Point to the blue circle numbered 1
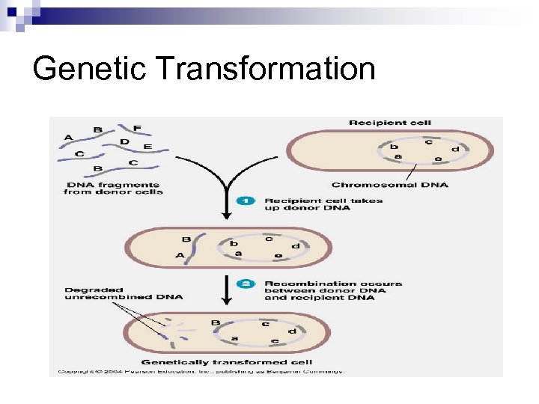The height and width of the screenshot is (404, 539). [x=245, y=201]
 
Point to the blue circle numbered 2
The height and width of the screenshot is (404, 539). [x=245, y=284]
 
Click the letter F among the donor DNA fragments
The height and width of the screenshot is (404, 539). [x=137, y=128]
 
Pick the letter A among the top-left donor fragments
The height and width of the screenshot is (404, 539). [x=69, y=137]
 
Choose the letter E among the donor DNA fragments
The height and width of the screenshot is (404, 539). [x=147, y=147]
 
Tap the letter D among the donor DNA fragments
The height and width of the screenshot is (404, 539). [x=124, y=141]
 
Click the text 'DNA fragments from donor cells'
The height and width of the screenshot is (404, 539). [x=112, y=189]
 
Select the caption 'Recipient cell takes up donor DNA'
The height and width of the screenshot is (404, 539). [x=323, y=204]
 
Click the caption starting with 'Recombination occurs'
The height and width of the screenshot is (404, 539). [x=332, y=290]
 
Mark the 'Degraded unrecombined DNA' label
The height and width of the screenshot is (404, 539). [x=123, y=293]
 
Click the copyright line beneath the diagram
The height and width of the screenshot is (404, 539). [x=198, y=371]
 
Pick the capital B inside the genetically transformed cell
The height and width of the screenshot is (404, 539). [x=216, y=323]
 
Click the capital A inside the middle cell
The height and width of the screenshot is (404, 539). [x=180, y=255]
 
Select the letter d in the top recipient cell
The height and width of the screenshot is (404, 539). [x=455, y=149]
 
